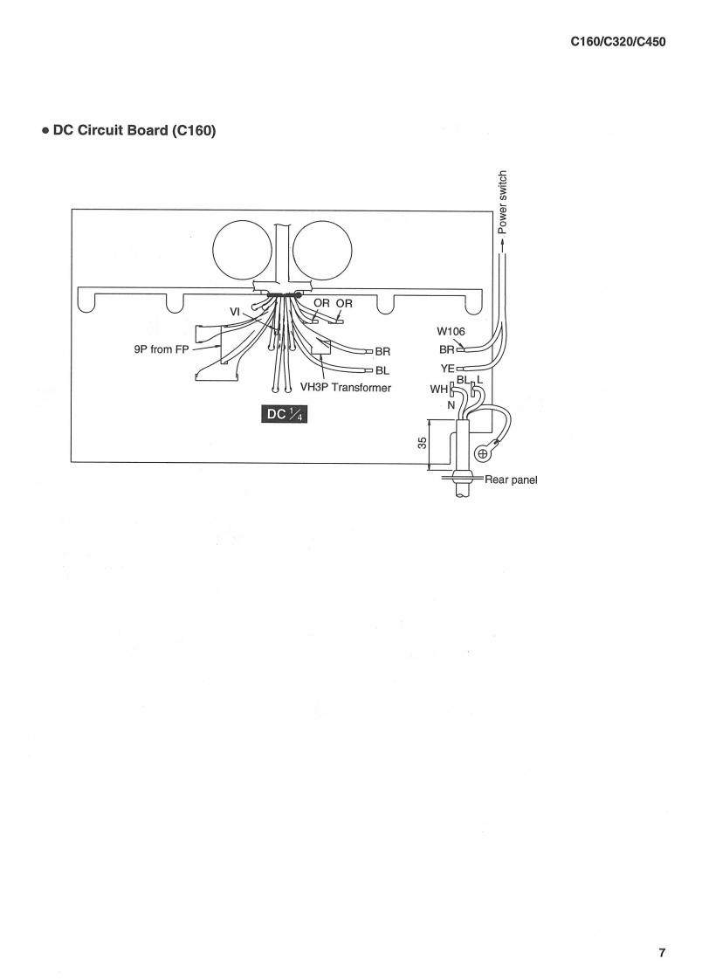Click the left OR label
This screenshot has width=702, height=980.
[321, 304]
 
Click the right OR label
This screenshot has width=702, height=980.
[344, 304]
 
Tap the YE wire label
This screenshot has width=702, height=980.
[445, 369]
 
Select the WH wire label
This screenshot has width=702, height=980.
[439, 390]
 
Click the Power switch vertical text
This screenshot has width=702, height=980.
[502, 203]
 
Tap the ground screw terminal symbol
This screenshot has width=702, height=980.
[482, 454]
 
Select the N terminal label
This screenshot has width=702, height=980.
[451, 405]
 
